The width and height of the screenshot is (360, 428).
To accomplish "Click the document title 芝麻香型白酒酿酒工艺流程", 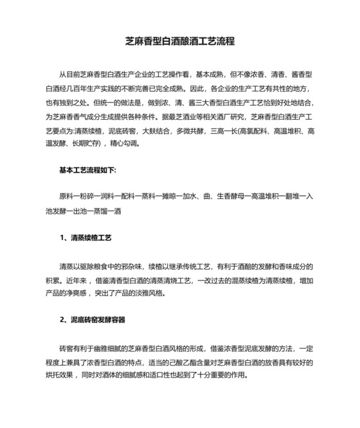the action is click(x=179, y=41).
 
